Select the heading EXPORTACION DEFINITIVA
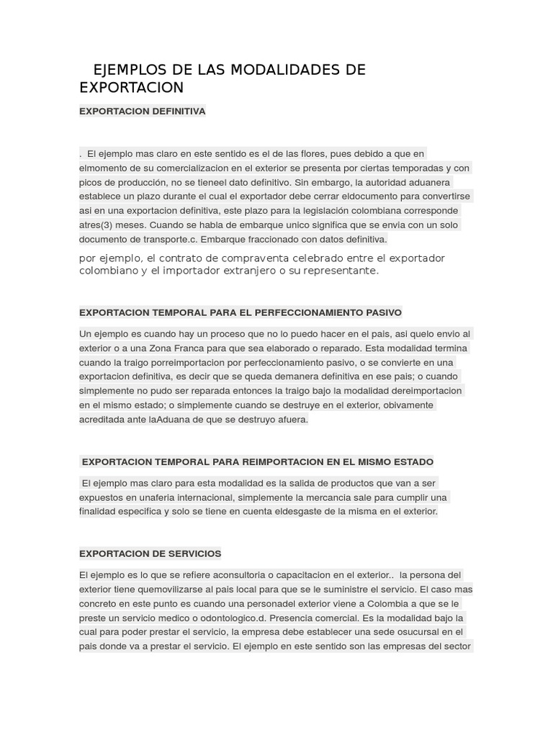(142, 111)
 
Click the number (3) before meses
(104, 225)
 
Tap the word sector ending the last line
(457, 646)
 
